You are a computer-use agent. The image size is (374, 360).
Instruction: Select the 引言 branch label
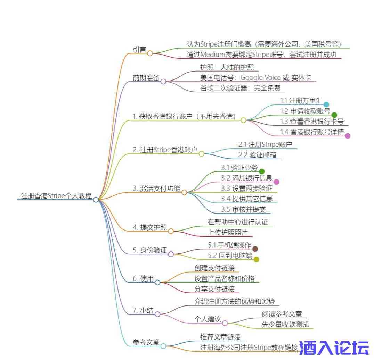click(140, 49)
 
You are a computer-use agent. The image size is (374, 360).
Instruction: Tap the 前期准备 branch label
click(146, 78)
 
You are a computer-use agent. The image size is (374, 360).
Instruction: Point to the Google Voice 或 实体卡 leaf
click(255, 78)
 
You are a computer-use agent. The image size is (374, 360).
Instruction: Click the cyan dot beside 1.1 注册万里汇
click(326, 104)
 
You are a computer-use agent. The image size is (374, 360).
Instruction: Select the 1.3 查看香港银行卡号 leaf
click(312, 122)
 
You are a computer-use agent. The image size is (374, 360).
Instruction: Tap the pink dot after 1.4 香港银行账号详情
click(348, 136)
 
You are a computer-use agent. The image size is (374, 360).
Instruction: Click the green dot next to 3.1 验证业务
click(262, 171)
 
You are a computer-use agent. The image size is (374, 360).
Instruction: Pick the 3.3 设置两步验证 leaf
click(247, 189)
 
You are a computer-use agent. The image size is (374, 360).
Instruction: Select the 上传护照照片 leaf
click(228, 232)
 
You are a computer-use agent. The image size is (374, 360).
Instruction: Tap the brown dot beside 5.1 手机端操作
click(255, 249)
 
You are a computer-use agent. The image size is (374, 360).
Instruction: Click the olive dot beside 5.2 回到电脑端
click(257, 259)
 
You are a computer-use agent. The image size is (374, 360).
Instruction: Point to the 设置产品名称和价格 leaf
click(225, 278)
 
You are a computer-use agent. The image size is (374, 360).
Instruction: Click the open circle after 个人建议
click(225, 323)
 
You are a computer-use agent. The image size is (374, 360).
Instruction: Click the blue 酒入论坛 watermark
click(334, 348)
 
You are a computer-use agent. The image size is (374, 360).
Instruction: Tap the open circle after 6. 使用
click(157, 282)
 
